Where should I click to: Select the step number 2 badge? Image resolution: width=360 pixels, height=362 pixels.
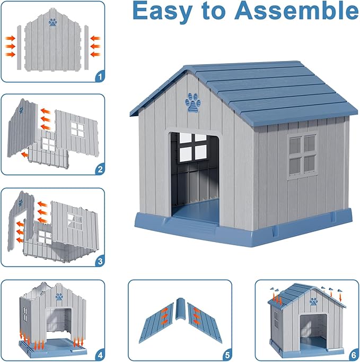(x=99, y=170)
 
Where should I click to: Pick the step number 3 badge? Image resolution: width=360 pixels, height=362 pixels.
(x=99, y=262)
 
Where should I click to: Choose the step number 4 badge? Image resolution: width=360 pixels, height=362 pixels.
(x=99, y=352)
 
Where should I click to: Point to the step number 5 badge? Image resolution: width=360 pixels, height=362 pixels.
(x=226, y=352)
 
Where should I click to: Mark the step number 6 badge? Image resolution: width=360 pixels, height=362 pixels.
(x=353, y=352)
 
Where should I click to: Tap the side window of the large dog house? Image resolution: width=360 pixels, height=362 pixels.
(x=302, y=154)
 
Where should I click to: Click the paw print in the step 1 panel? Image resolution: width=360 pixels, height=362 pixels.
(x=53, y=22)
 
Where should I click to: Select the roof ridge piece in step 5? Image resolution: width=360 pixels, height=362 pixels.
(x=181, y=316)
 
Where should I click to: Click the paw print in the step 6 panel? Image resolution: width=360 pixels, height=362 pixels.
(x=313, y=301)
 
